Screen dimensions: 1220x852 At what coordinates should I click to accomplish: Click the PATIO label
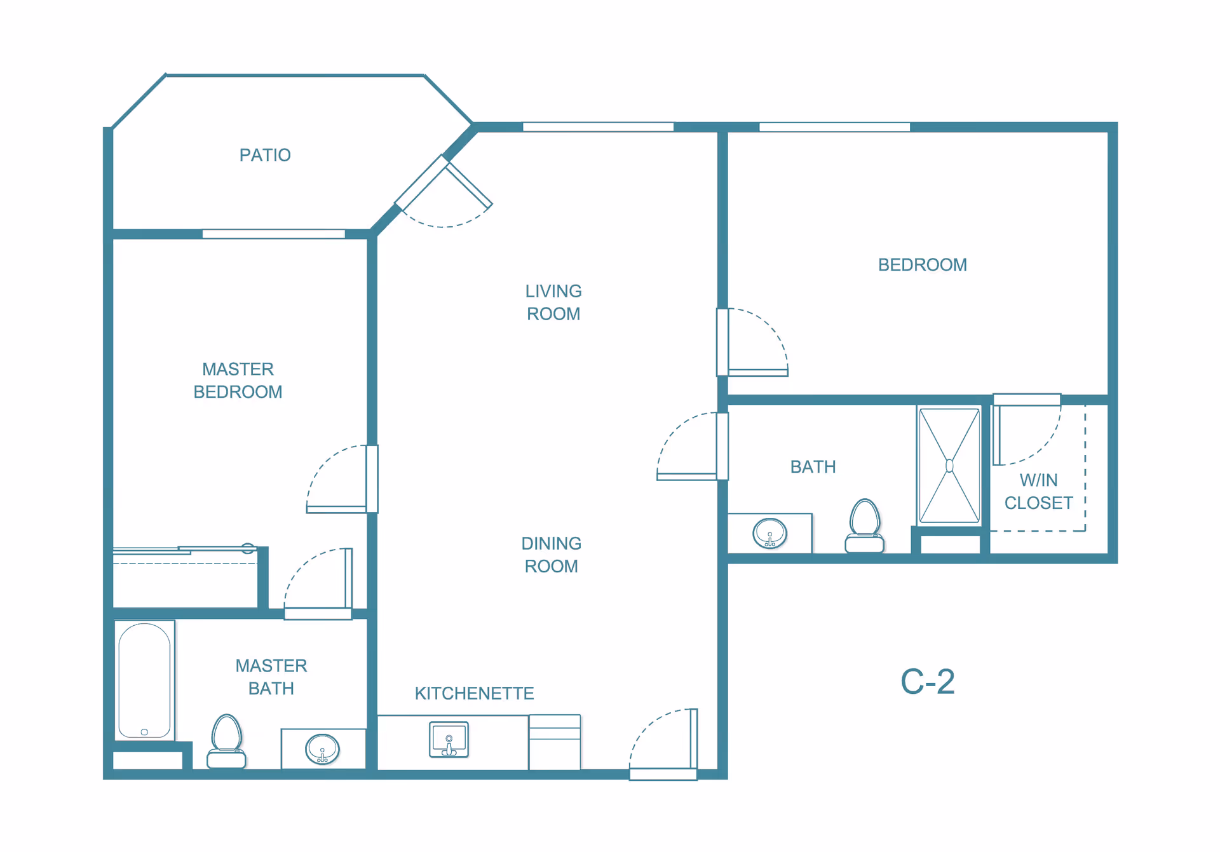tap(265, 155)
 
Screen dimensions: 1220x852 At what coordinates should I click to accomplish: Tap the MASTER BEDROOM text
tap(238, 381)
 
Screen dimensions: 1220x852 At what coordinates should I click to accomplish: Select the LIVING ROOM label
tap(553, 302)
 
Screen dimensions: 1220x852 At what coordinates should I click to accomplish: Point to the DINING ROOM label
tap(552, 555)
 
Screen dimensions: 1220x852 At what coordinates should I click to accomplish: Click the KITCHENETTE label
tap(474, 693)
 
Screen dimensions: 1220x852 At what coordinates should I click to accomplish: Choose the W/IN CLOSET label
tap(1038, 492)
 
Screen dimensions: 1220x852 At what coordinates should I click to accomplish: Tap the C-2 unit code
tap(928, 682)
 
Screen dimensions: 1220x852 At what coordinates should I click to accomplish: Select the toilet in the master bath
tap(227, 741)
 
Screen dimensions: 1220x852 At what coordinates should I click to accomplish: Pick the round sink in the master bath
tap(323, 749)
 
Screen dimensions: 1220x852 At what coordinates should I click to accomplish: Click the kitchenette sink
tap(449, 740)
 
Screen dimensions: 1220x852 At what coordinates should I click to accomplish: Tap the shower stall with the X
tap(949, 466)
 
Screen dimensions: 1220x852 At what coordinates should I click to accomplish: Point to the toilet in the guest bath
tap(865, 525)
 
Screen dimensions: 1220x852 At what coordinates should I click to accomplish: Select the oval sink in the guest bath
tap(770, 533)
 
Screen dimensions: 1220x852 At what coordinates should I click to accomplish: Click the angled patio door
tap(444, 191)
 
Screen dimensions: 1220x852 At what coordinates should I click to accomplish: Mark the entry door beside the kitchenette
tap(663, 744)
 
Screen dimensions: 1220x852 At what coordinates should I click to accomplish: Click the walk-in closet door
tap(1026, 429)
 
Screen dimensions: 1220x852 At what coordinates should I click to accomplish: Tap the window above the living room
tap(598, 127)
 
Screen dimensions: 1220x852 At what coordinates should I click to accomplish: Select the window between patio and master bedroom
tap(273, 234)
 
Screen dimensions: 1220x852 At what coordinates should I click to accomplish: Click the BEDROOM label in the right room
tap(923, 265)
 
